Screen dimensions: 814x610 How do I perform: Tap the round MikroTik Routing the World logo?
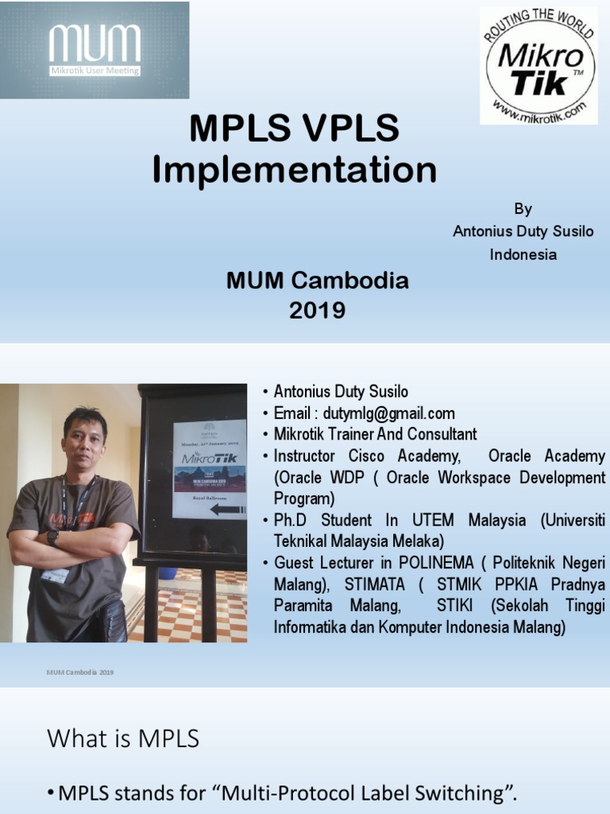point(539,66)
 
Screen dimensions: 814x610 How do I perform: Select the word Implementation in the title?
point(295,170)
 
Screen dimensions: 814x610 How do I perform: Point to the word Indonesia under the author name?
point(523,254)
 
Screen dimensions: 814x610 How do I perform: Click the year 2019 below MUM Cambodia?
point(317,310)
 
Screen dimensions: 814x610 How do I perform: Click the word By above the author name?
point(523,209)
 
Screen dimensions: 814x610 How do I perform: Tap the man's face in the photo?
point(84,437)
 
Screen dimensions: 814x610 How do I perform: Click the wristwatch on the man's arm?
point(52,537)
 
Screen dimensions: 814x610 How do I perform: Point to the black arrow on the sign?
point(227,509)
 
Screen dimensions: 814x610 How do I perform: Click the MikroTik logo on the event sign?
point(210,458)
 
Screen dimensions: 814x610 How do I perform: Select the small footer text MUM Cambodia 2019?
point(80,673)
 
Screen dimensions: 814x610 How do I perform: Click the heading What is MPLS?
point(123,738)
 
